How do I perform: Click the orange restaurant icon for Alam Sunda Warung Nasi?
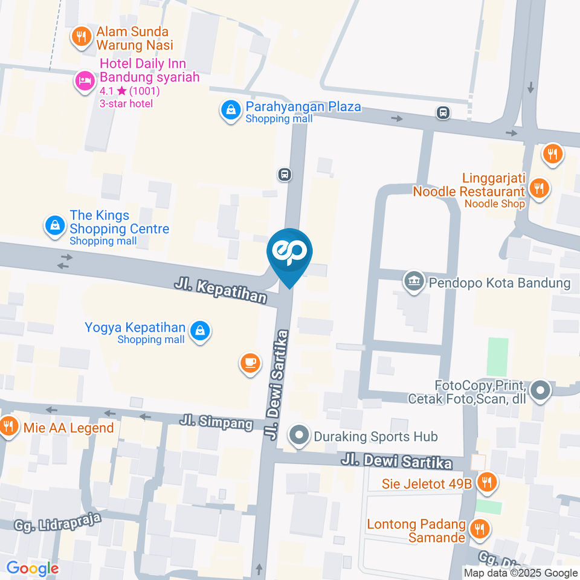[x=80, y=37]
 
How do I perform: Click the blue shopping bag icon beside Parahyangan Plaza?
[x=230, y=111]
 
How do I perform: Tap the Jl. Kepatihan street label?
[x=221, y=290]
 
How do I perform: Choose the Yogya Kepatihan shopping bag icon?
[x=199, y=330]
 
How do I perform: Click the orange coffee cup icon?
[x=250, y=363]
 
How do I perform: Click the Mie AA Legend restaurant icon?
[x=8, y=427]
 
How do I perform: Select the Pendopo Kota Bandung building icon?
[x=414, y=281]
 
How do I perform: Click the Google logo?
[x=32, y=569]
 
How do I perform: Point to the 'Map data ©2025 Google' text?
[x=521, y=573]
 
